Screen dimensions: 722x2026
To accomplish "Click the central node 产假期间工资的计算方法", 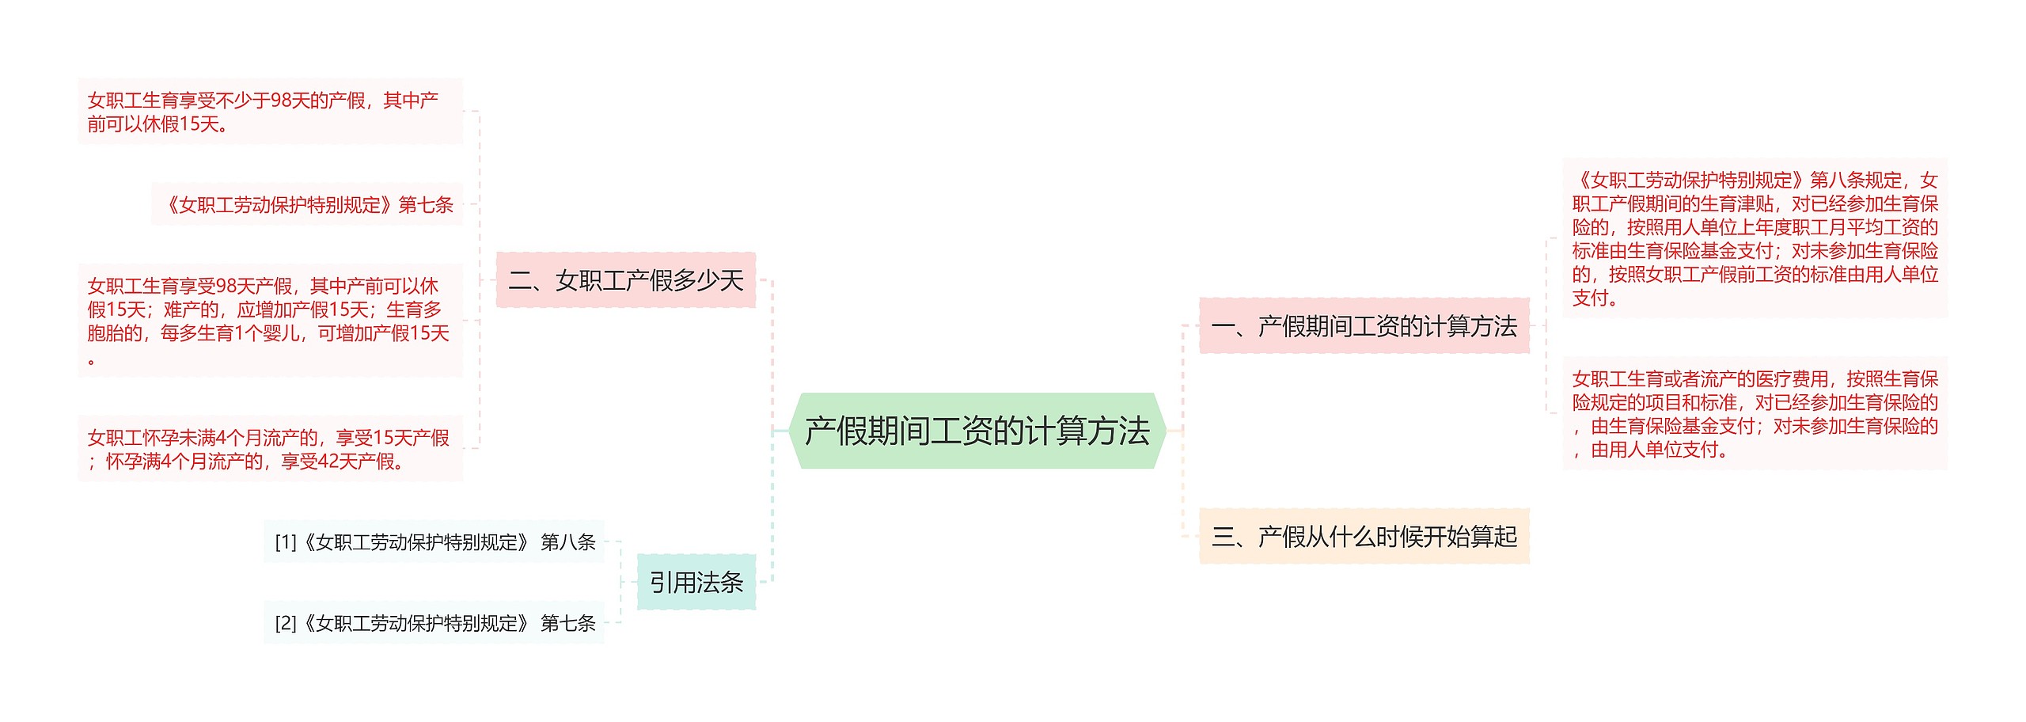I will [x=977, y=431].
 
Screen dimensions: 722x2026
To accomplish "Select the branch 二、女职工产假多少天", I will [x=625, y=280].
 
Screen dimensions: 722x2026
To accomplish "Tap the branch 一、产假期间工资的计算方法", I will [x=1364, y=326].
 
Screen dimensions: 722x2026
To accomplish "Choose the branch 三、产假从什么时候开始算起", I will [x=1364, y=537].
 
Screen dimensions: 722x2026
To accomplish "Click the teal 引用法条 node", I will [x=696, y=583].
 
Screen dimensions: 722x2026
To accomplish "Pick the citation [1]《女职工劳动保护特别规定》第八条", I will [x=434, y=542].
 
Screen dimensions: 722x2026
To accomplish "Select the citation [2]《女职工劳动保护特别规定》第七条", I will [x=434, y=624].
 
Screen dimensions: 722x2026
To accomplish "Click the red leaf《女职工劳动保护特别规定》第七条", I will [x=308, y=205].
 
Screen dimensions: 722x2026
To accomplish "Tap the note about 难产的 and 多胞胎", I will [x=270, y=321].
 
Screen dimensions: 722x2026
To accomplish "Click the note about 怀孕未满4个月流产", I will [x=270, y=449].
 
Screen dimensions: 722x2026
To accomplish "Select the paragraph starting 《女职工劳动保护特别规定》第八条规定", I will [x=1755, y=238].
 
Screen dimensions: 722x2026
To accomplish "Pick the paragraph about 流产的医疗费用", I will [x=1755, y=414].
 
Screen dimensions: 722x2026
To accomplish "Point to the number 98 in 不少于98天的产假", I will [x=281, y=101].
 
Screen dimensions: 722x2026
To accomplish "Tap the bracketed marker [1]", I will [x=286, y=542].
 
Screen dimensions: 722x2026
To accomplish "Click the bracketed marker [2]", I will [x=286, y=624].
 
